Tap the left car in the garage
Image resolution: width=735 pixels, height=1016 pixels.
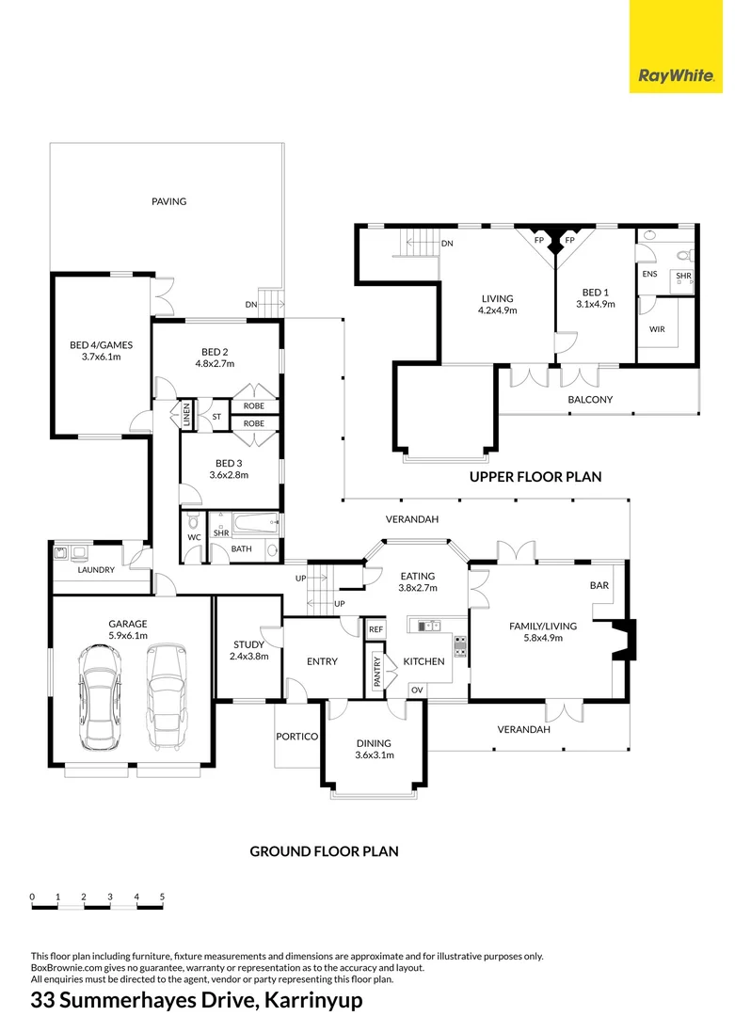100,695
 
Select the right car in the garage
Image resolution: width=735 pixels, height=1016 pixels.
167,695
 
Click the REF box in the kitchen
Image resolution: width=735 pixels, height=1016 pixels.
375,629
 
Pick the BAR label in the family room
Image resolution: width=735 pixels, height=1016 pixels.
599,585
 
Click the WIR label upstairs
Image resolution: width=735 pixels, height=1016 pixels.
657,330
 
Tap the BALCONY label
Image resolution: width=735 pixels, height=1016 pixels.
590,400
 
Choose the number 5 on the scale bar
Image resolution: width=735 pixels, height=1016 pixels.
162,897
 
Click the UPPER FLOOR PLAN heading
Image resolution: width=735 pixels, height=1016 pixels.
535,477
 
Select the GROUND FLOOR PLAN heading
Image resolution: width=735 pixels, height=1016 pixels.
324,851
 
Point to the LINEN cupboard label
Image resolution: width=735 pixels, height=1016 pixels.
186,414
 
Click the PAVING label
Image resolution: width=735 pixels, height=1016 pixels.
169,201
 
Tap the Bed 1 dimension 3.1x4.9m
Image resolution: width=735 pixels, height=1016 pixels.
595,304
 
